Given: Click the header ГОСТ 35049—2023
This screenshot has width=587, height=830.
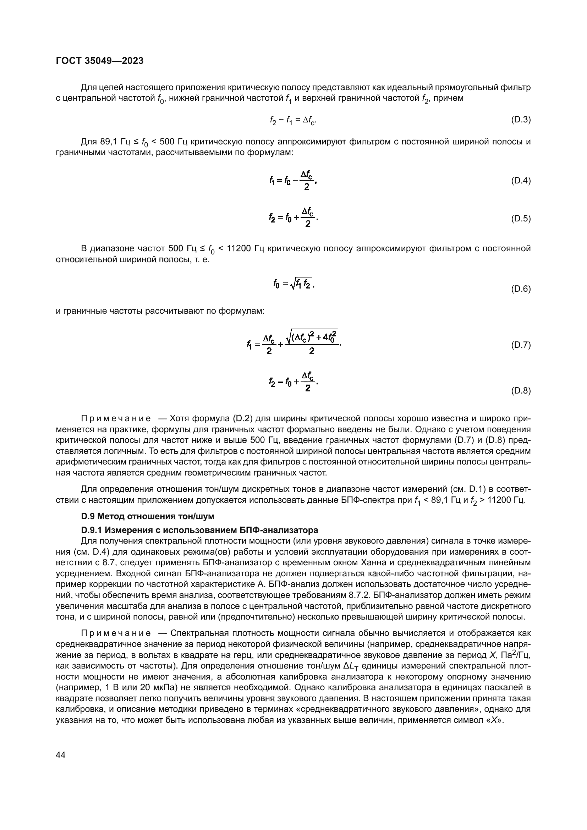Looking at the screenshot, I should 100,61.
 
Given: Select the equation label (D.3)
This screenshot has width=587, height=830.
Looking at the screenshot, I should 521,120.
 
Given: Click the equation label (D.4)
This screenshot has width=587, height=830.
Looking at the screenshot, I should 521,180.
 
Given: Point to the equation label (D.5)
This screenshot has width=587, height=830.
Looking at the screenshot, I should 521,218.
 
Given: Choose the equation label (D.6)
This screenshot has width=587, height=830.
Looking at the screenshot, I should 521,289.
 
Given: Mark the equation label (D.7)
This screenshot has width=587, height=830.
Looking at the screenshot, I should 521,345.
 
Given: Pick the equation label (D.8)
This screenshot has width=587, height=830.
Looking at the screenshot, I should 521,391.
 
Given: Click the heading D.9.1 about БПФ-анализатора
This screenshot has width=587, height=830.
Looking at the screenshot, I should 199,530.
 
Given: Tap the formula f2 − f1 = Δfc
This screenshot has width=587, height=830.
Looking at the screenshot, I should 293,120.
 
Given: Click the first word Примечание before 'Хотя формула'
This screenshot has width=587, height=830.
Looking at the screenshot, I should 116,419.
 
